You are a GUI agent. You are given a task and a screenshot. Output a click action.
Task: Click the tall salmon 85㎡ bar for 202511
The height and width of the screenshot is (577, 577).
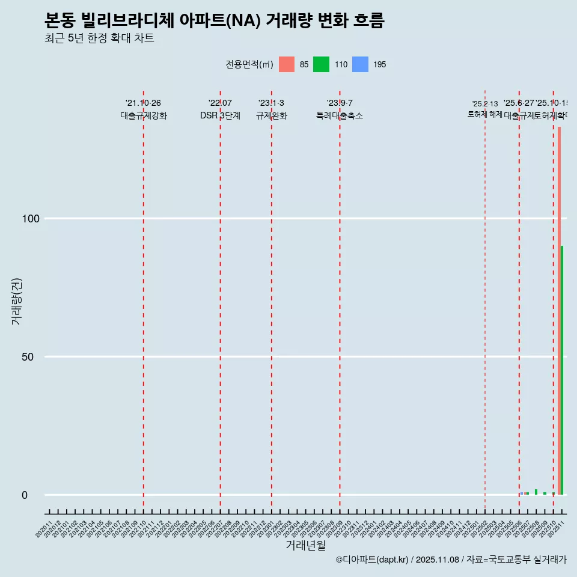559,310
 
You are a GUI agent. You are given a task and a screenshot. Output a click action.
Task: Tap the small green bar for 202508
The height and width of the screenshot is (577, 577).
536,492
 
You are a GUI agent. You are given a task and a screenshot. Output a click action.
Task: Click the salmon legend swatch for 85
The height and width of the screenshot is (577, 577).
287,64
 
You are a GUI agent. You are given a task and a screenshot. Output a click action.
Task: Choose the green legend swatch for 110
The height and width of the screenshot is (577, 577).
322,64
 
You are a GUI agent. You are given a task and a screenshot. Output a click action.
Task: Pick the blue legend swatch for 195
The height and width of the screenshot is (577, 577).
360,64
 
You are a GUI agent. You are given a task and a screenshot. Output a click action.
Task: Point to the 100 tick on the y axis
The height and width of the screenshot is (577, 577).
31,219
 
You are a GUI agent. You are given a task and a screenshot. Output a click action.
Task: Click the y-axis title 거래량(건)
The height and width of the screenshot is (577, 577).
17,301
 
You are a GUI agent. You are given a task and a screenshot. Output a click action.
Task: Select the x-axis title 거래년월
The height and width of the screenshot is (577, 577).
305,546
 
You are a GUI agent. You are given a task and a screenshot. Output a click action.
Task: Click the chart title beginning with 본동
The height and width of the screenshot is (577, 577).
215,21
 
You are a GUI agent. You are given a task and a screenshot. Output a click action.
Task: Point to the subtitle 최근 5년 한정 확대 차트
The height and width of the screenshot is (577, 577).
99,38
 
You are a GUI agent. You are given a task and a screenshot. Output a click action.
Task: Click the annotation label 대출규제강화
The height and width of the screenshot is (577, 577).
144,116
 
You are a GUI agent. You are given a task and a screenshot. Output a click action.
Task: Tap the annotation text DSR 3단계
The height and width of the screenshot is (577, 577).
221,116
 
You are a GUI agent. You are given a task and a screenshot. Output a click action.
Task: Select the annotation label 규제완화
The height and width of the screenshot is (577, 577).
272,116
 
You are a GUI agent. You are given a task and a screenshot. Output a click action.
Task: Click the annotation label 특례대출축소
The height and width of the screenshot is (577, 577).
340,116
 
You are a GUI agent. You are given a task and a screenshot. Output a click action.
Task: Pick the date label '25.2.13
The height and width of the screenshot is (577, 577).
484,104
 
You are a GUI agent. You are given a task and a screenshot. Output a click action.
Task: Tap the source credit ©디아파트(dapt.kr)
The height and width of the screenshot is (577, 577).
372,560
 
